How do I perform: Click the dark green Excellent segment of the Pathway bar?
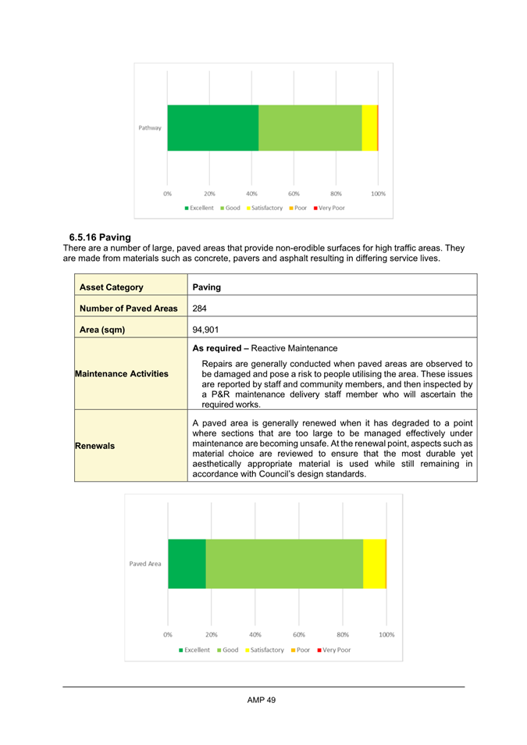[x=212, y=128]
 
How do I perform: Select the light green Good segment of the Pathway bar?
[x=310, y=128]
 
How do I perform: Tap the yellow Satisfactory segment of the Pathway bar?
[x=369, y=128]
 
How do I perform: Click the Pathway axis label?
[x=150, y=128]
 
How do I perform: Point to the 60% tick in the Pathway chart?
[x=294, y=193]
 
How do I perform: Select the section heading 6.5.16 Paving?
[x=99, y=237]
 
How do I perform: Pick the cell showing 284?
[x=199, y=308]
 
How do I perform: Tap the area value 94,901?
[x=206, y=330]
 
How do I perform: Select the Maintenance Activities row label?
[x=121, y=374]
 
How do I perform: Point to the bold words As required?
[x=221, y=348]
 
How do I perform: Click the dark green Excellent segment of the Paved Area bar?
[x=187, y=564]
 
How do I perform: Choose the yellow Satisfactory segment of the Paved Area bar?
[x=374, y=564]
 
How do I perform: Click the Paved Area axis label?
[x=146, y=564]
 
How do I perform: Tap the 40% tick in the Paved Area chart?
[x=255, y=635]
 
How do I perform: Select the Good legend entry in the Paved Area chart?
[x=227, y=650]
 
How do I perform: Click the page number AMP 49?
[x=262, y=700]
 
